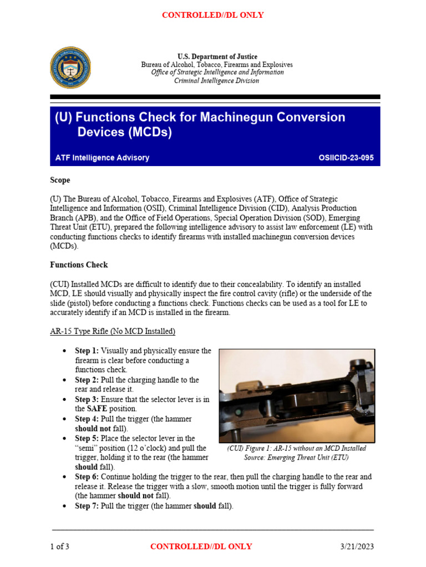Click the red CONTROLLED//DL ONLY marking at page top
[x=212, y=15]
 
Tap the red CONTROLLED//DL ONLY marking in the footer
[x=201, y=547]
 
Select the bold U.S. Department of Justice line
[x=217, y=56]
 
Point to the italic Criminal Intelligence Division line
[x=217, y=80]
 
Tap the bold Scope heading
[x=60, y=181]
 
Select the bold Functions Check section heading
[x=79, y=265]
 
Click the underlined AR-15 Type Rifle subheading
[x=113, y=332]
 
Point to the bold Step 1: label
[x=87, y=351]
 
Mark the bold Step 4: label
[x=87, y=419]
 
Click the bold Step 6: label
[x=87, y=477]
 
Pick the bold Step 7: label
[x=87, y=506]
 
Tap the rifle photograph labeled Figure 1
[x=297, y=395]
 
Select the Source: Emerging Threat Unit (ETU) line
[x=297, y=458]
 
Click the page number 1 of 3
[x=60, y=547]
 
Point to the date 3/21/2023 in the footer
[x=357, y=547]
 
